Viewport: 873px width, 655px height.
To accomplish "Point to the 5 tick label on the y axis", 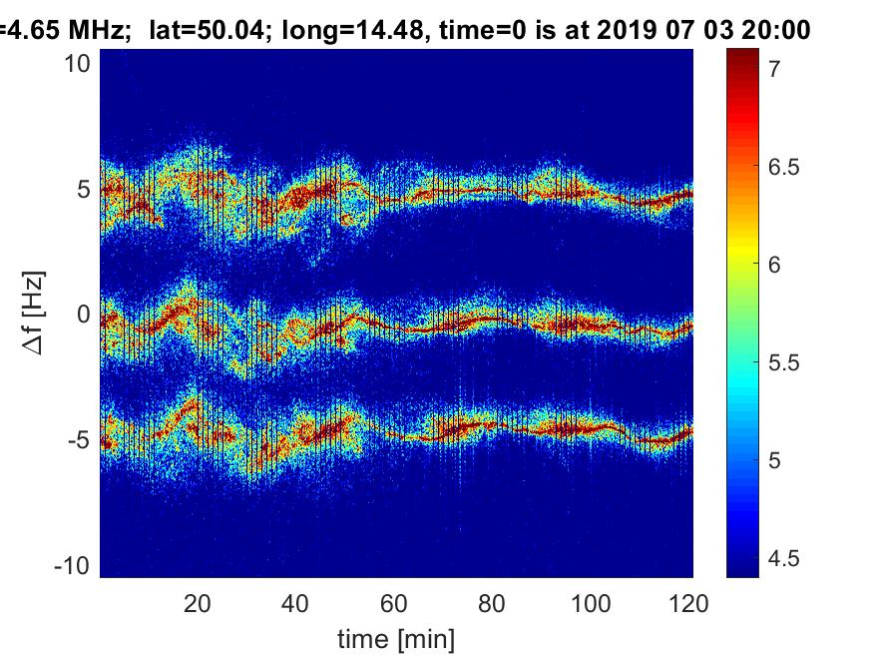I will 84,189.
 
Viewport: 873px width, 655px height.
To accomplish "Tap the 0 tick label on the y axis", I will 84,315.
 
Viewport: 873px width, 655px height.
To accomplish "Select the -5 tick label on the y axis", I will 79,440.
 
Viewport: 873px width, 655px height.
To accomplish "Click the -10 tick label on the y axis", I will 74,566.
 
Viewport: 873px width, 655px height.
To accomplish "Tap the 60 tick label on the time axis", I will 395,603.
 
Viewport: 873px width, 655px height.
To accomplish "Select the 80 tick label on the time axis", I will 494,603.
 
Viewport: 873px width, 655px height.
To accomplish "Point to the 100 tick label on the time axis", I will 593,603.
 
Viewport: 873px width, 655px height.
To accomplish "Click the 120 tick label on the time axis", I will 690,603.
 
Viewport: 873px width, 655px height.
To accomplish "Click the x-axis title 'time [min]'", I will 396,636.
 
